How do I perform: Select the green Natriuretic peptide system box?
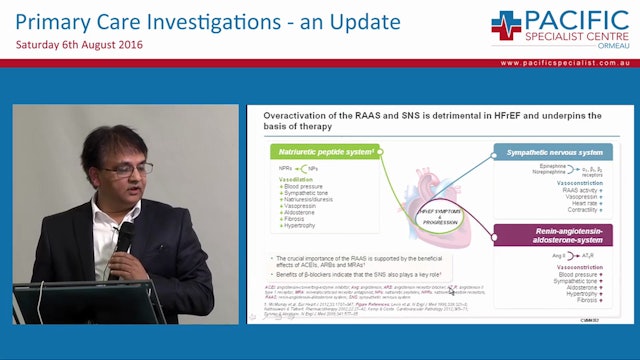click(318, 152)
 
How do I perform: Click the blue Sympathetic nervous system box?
click(551, 152)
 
